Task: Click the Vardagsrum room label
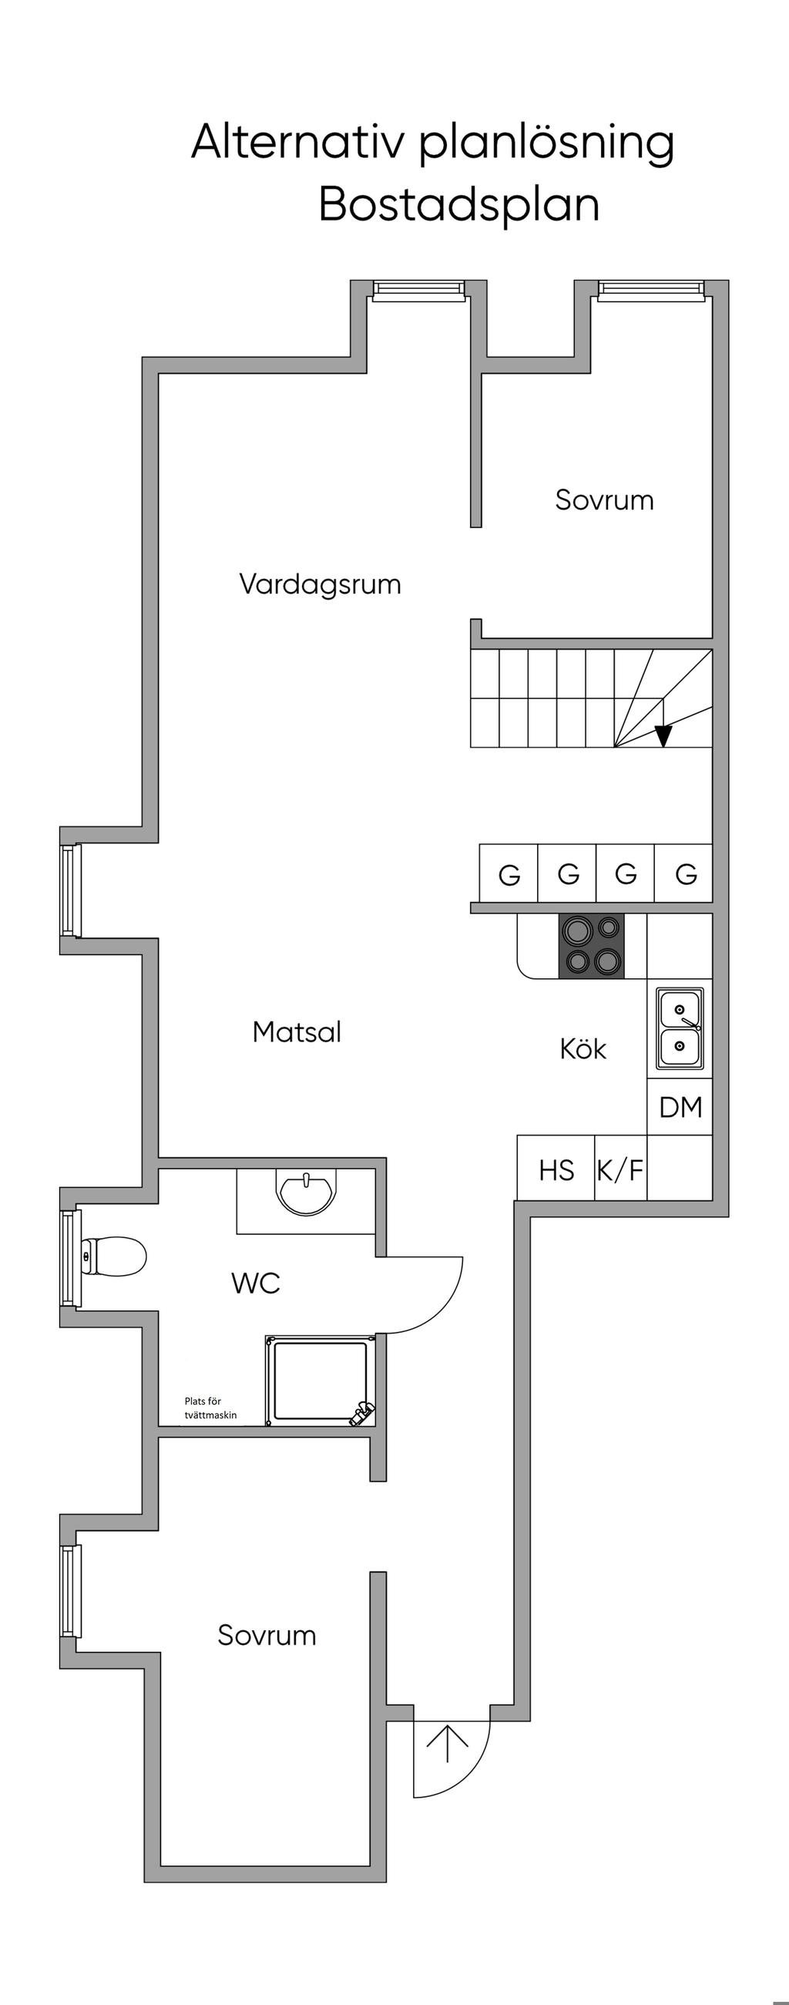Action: [x=320, y=584]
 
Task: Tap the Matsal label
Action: [x=297, y=1032]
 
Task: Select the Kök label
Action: [x=582, y=1048]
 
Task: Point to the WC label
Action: [x=255, y=1283]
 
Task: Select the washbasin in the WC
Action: [x=306, y=1192]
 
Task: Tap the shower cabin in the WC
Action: [x=319, y=1381]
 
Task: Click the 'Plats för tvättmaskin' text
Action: [x=210, y=1408]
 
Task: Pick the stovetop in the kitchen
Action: [x=591, y=946]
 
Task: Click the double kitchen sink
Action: [x=680, y=1028]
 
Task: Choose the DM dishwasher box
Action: [x=680, y=1107]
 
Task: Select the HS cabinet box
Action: [x=556, y=1170]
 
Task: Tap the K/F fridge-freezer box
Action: [x=620, y=1170]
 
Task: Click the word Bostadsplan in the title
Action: [x=459, y=205]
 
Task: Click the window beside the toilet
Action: [x=70, y=1258]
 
